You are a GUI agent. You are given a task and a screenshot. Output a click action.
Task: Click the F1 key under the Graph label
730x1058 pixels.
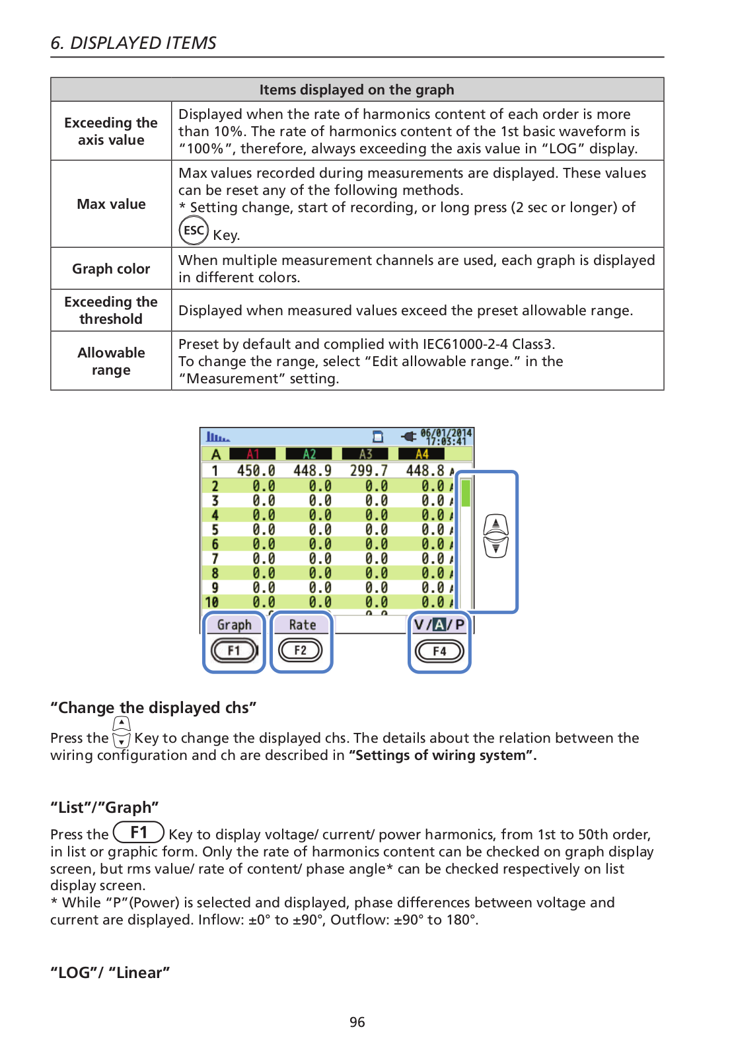pos(233,651)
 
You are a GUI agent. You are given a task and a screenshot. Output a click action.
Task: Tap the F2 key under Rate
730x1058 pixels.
pos(300,651)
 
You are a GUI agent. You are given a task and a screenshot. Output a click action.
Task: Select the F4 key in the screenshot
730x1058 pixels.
pos(439,652)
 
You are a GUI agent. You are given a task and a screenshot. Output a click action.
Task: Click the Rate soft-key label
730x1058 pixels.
pos(302,624)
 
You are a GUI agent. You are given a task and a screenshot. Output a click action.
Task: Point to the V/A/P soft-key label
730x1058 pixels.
pos(439,624)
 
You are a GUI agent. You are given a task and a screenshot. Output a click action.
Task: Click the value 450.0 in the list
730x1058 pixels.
pos(256,471)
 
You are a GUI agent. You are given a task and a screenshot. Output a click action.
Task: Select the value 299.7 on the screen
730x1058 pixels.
pos(369,471)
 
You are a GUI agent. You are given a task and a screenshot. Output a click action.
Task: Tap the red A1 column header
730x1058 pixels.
pos(253,454)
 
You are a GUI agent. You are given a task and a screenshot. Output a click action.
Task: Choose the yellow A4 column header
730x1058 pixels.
pos(421,454)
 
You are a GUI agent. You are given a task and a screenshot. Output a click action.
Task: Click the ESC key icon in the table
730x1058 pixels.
pos(194,231)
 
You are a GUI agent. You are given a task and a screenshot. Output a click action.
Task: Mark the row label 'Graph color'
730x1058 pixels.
pos(111,269)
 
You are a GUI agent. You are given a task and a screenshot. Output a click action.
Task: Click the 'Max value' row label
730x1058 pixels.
pos(111,204)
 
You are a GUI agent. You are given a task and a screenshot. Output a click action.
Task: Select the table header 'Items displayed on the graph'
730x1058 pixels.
pos(357,90)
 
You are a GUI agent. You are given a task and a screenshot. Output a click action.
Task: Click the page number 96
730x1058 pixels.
pos(357,1022)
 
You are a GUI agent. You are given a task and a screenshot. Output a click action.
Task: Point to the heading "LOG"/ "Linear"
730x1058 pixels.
pos(110,973)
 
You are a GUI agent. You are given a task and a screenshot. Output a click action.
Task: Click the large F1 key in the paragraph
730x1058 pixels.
pos(139,833)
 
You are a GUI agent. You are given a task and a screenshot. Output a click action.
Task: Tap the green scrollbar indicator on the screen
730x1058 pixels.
pos(466,493)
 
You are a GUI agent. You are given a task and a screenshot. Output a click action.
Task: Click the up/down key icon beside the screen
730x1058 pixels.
pos(495,536)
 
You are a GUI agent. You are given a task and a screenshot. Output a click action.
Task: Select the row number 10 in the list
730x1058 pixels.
pos(211,602)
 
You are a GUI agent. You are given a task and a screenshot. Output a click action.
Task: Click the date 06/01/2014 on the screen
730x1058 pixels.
pos(446,434)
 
